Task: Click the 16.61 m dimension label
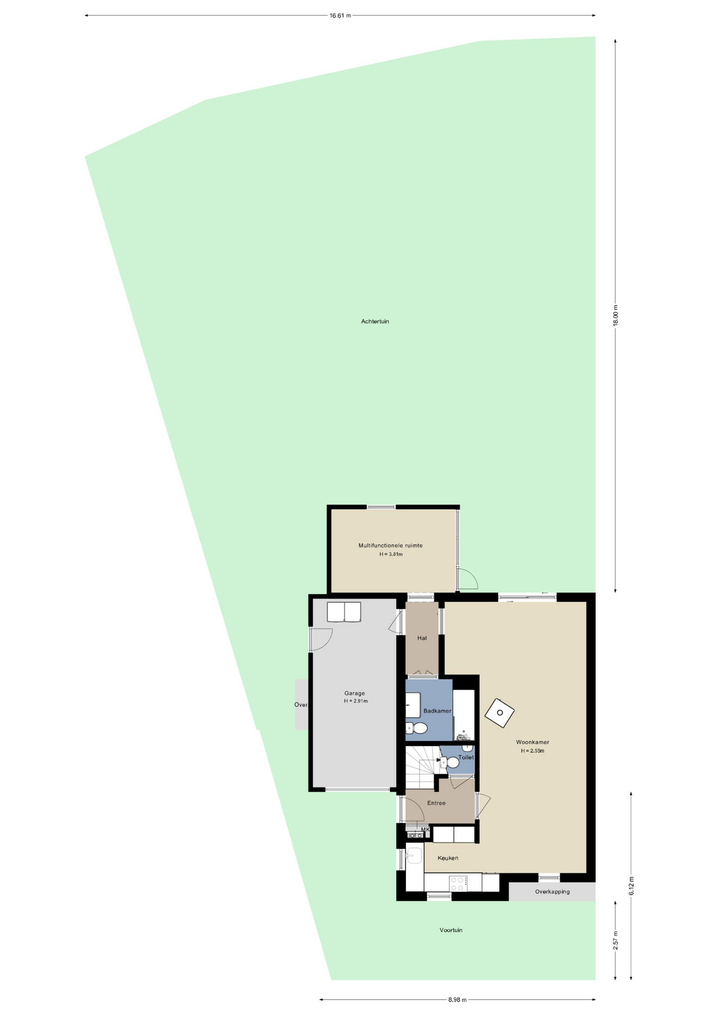(x=340, y=15)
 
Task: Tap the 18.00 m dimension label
(x=615, y=316)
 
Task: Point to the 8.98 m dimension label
(x=457, y=1000)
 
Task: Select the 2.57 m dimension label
(x=615, y=940)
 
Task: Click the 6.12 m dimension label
(x=631, y=885)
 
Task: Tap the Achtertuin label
(x=375, y=321)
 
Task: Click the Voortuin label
(x=451, y=930)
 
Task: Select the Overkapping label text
(x=552, y=892)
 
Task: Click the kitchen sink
(x=414, y=855)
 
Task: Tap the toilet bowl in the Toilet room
(x=450, y=762)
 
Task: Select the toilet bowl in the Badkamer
(x=418, y=728)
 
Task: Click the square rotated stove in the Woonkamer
(x=500, y=713)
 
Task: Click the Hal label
(x=422, y=638)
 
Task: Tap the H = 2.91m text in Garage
(x=355, y=701)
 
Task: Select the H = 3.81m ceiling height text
(x=391, y=555)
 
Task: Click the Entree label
(x=436, y=803)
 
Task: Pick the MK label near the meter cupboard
(x=425, y=829)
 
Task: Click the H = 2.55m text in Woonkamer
(x=532, y=751)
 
